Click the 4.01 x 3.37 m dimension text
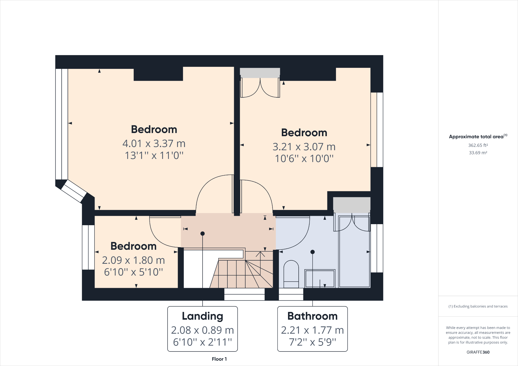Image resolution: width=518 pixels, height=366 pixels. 154,143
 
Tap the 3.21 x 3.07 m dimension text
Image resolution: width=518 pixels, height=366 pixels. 304,147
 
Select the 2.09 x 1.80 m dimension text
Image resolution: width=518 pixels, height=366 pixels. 133,260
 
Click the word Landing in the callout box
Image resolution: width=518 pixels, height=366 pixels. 202,316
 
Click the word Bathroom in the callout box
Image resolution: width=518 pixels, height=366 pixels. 312,316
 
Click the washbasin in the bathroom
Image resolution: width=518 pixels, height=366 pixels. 320,279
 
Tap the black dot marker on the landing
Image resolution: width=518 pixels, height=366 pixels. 203,233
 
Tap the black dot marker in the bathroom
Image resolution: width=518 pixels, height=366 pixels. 312,252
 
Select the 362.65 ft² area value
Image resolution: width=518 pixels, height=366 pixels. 478,145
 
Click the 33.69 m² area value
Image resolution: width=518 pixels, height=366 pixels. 478,153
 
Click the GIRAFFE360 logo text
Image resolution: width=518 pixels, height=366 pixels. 478,352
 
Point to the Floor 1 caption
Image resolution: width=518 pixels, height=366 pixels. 219,359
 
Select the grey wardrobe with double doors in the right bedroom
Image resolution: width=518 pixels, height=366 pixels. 260,73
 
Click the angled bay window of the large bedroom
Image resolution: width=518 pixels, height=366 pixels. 74,191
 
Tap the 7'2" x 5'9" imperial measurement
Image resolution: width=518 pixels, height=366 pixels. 312,342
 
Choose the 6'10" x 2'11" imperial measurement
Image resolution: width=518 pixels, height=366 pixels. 202,342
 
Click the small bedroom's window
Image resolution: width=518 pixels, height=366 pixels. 88,247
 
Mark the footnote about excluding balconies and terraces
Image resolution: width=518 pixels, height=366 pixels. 478,306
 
